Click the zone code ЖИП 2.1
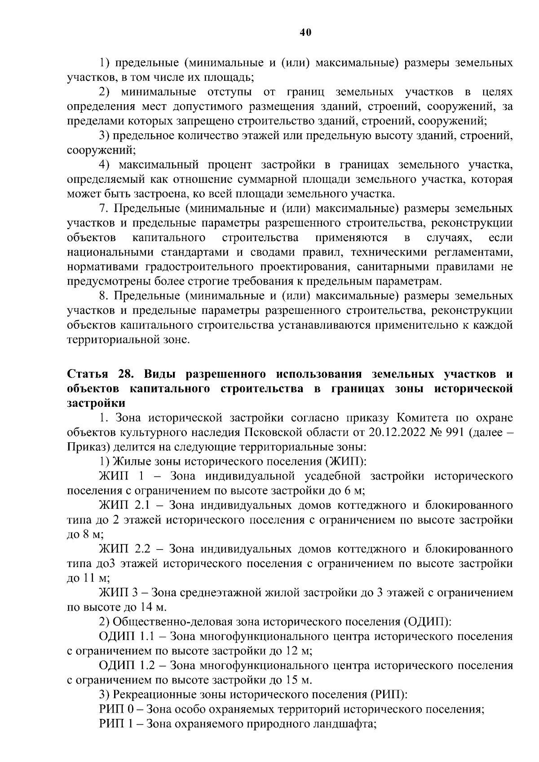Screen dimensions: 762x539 (x=124, y=506)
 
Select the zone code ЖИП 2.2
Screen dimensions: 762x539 (x=124, y=549)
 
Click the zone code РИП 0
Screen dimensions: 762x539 (x=117, y=709)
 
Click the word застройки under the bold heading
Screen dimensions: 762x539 (x=96, y=403)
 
